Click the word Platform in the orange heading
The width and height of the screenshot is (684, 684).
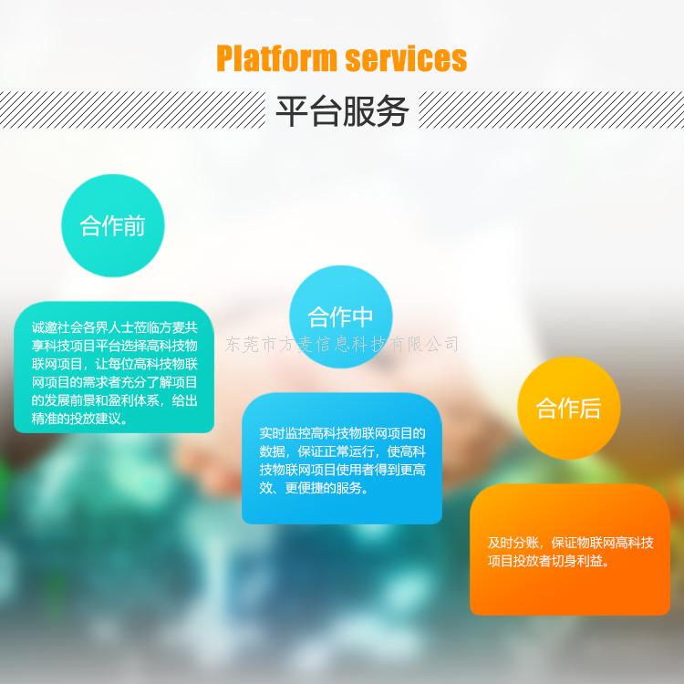click(276, 58)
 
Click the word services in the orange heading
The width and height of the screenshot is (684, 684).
click(406, 59)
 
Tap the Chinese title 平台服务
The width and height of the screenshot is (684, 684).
click(342, 110)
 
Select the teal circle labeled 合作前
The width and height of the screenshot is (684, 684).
click(112, 225)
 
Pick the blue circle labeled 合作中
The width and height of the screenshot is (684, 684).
click(341, 316)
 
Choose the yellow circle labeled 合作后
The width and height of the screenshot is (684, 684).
click(569, 408)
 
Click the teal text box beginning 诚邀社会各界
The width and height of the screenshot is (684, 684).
click(114, 368)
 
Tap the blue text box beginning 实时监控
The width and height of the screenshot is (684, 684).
click(342, 459)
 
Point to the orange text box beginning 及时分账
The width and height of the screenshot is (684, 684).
click(570, 550)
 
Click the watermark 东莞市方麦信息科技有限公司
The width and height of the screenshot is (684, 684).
click(342, 344)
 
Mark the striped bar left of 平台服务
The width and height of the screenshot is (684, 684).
click(132, 109)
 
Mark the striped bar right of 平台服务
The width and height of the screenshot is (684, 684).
click(552, 109)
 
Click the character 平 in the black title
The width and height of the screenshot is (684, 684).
click(292, 110)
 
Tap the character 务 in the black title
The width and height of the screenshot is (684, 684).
click(392, 110)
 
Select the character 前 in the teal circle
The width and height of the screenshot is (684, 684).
click(134, 226)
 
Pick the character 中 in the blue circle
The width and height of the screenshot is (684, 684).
click(362, 317)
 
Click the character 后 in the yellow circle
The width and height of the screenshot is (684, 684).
click(590, 409)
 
